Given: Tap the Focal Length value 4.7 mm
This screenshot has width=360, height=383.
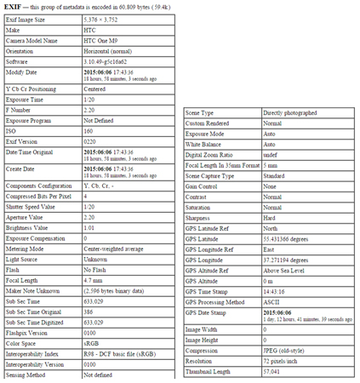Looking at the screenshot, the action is click(92, 304).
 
